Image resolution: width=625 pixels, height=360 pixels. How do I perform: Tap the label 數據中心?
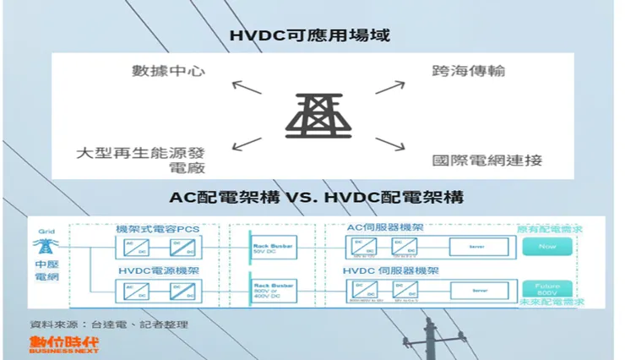tap(169, 70)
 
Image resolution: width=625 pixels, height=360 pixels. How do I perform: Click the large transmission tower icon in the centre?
tap(312, 112)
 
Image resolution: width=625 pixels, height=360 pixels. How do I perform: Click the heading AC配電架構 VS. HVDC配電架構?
tap(312, 198)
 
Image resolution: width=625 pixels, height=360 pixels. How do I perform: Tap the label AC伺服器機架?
tap(385, 228)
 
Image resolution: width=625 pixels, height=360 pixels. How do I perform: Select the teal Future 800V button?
tap(546, 288)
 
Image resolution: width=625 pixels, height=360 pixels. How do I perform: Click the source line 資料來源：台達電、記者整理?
tap(109, 325)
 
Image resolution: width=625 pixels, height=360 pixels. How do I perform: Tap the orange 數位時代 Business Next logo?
tap(63, 345)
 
